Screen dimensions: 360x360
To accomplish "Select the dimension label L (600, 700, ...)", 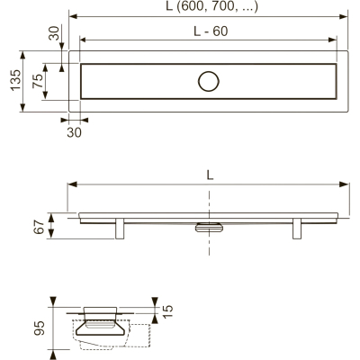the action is tap(212, 6).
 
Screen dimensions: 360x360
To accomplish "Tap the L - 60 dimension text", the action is tap(211, 31).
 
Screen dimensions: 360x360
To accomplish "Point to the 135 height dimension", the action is tap(16, 79).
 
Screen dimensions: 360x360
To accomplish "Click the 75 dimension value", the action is tap(38, 81).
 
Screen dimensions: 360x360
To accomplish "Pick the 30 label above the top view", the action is tap(54, 33).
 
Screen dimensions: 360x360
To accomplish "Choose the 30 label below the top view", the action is tap(74, 132).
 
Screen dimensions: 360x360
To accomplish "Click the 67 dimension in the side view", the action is tap(40, 227).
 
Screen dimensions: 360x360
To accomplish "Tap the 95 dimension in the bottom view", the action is tap(40, 328).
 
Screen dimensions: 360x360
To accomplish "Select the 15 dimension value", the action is tap(168, 312).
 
